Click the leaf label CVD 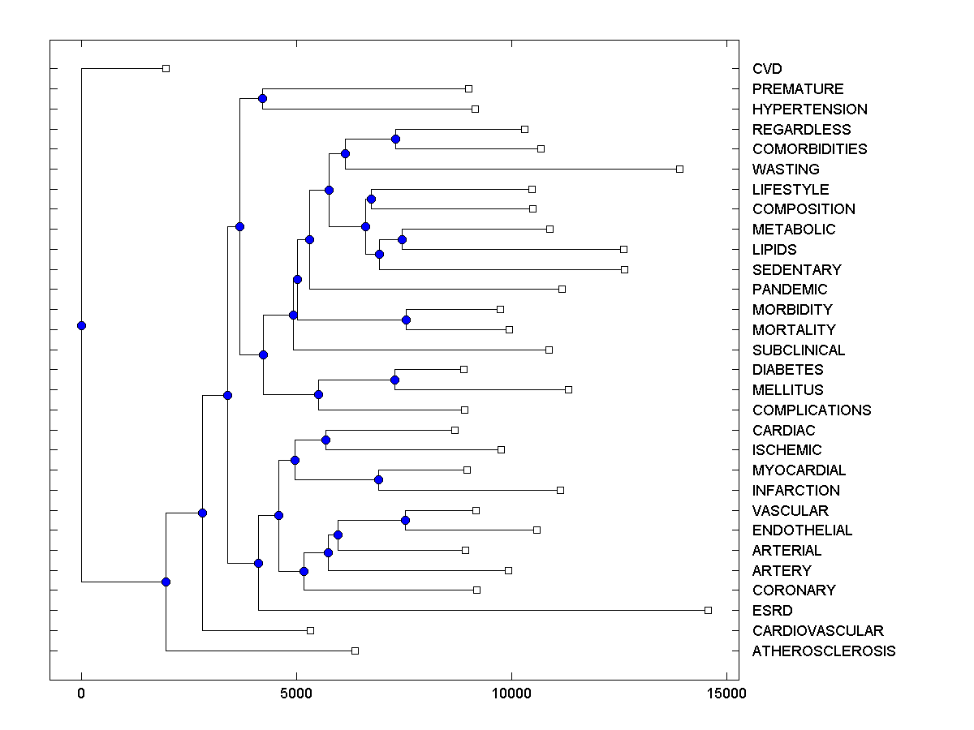tap(767, 69)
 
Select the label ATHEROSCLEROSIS tap(824, 651)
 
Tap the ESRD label tap(772, 611)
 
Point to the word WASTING tap(786, 170)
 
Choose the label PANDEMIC tap(790, 290)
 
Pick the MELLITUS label tap(787, 390)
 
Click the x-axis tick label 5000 tap(296, 693)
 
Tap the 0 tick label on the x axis tap(81, 693)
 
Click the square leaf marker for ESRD tap(709, 610)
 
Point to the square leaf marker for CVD tap(166, 68)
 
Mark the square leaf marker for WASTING tap(680, 169)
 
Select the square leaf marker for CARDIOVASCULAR tap(310, 630)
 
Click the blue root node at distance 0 tap(81, 326)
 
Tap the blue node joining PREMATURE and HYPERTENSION tap(262, 99)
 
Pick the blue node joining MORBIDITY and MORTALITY tap(406, 320)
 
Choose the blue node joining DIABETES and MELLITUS tap(395, 380)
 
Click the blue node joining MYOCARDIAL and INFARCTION tap(378, 479)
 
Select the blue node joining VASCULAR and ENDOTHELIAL tap(405, 520)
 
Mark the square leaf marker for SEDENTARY tap(624, 269)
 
